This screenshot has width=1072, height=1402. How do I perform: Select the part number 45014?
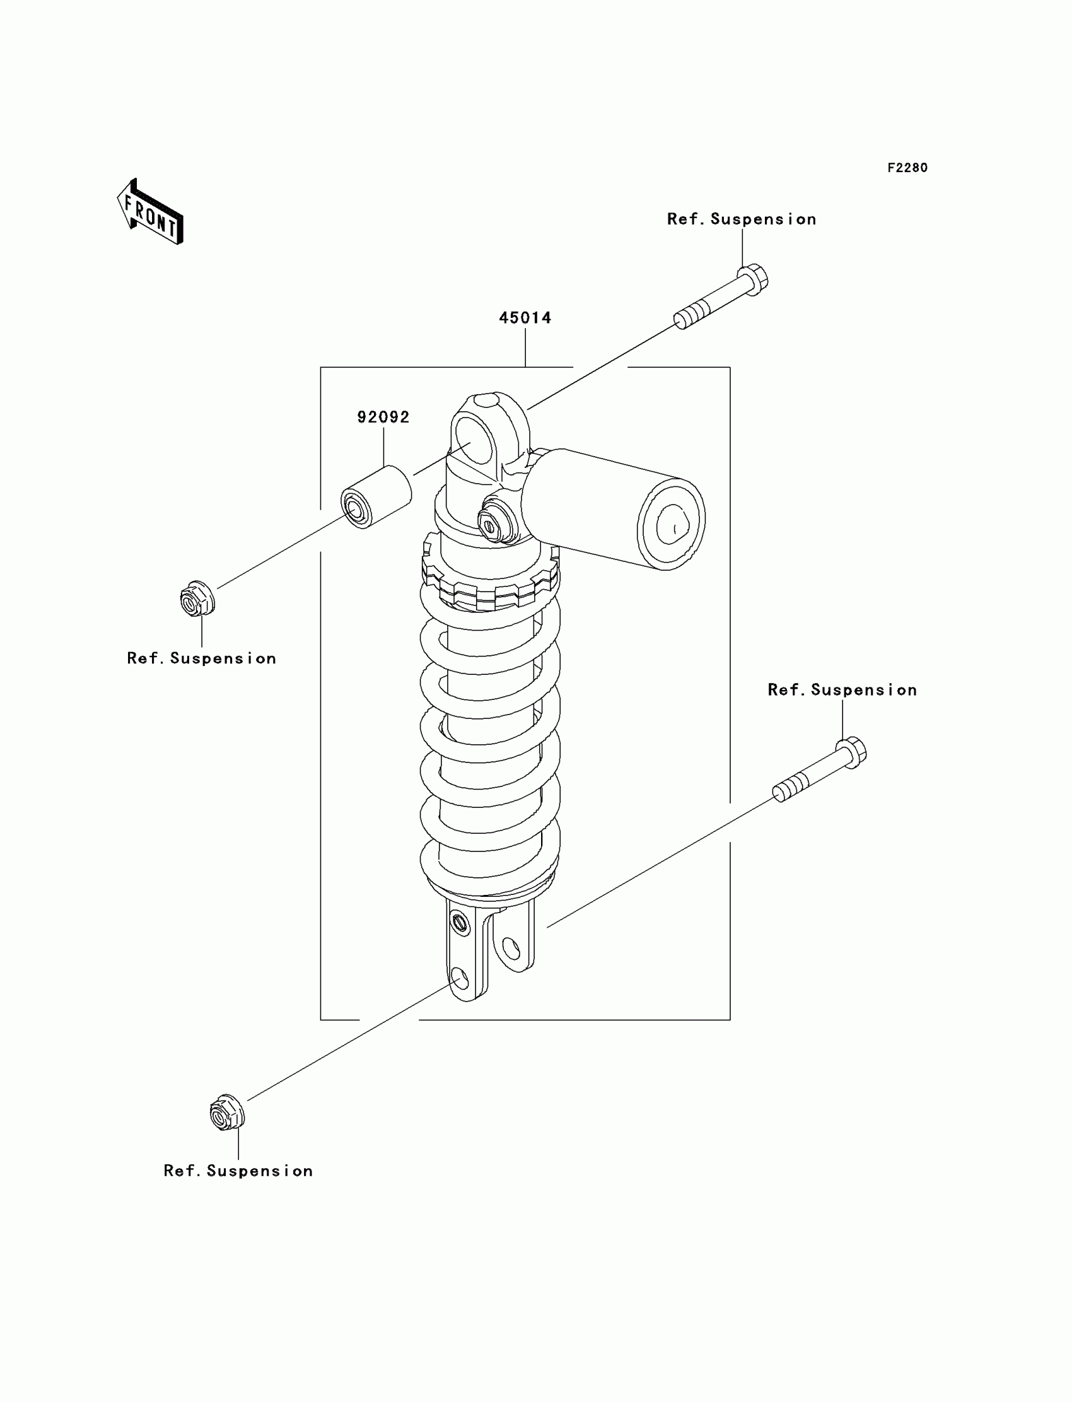pos(525,318)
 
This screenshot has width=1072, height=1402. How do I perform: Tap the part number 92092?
pos(383,418)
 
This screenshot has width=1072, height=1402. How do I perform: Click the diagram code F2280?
pos(907,168)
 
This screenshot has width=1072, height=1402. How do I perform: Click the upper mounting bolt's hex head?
pos(754,279)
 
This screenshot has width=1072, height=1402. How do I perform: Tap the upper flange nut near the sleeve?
pos(197,599)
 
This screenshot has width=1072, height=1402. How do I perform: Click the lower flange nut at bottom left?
pos(227,1113)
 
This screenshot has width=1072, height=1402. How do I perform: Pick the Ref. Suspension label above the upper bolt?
pos(742,219)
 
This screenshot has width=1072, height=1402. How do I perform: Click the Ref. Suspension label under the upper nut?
pos(202,658)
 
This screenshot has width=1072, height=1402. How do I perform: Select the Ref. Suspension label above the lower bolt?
pos(842,690)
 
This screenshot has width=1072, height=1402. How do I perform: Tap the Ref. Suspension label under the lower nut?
pos(238,1171)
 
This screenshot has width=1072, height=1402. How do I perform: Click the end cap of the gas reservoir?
pos(671,524)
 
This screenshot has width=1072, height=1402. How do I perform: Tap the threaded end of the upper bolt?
pos(692,315)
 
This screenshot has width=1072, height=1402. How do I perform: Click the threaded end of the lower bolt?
pos(790,789)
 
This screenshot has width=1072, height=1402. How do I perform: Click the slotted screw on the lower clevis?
pos(460,923)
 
